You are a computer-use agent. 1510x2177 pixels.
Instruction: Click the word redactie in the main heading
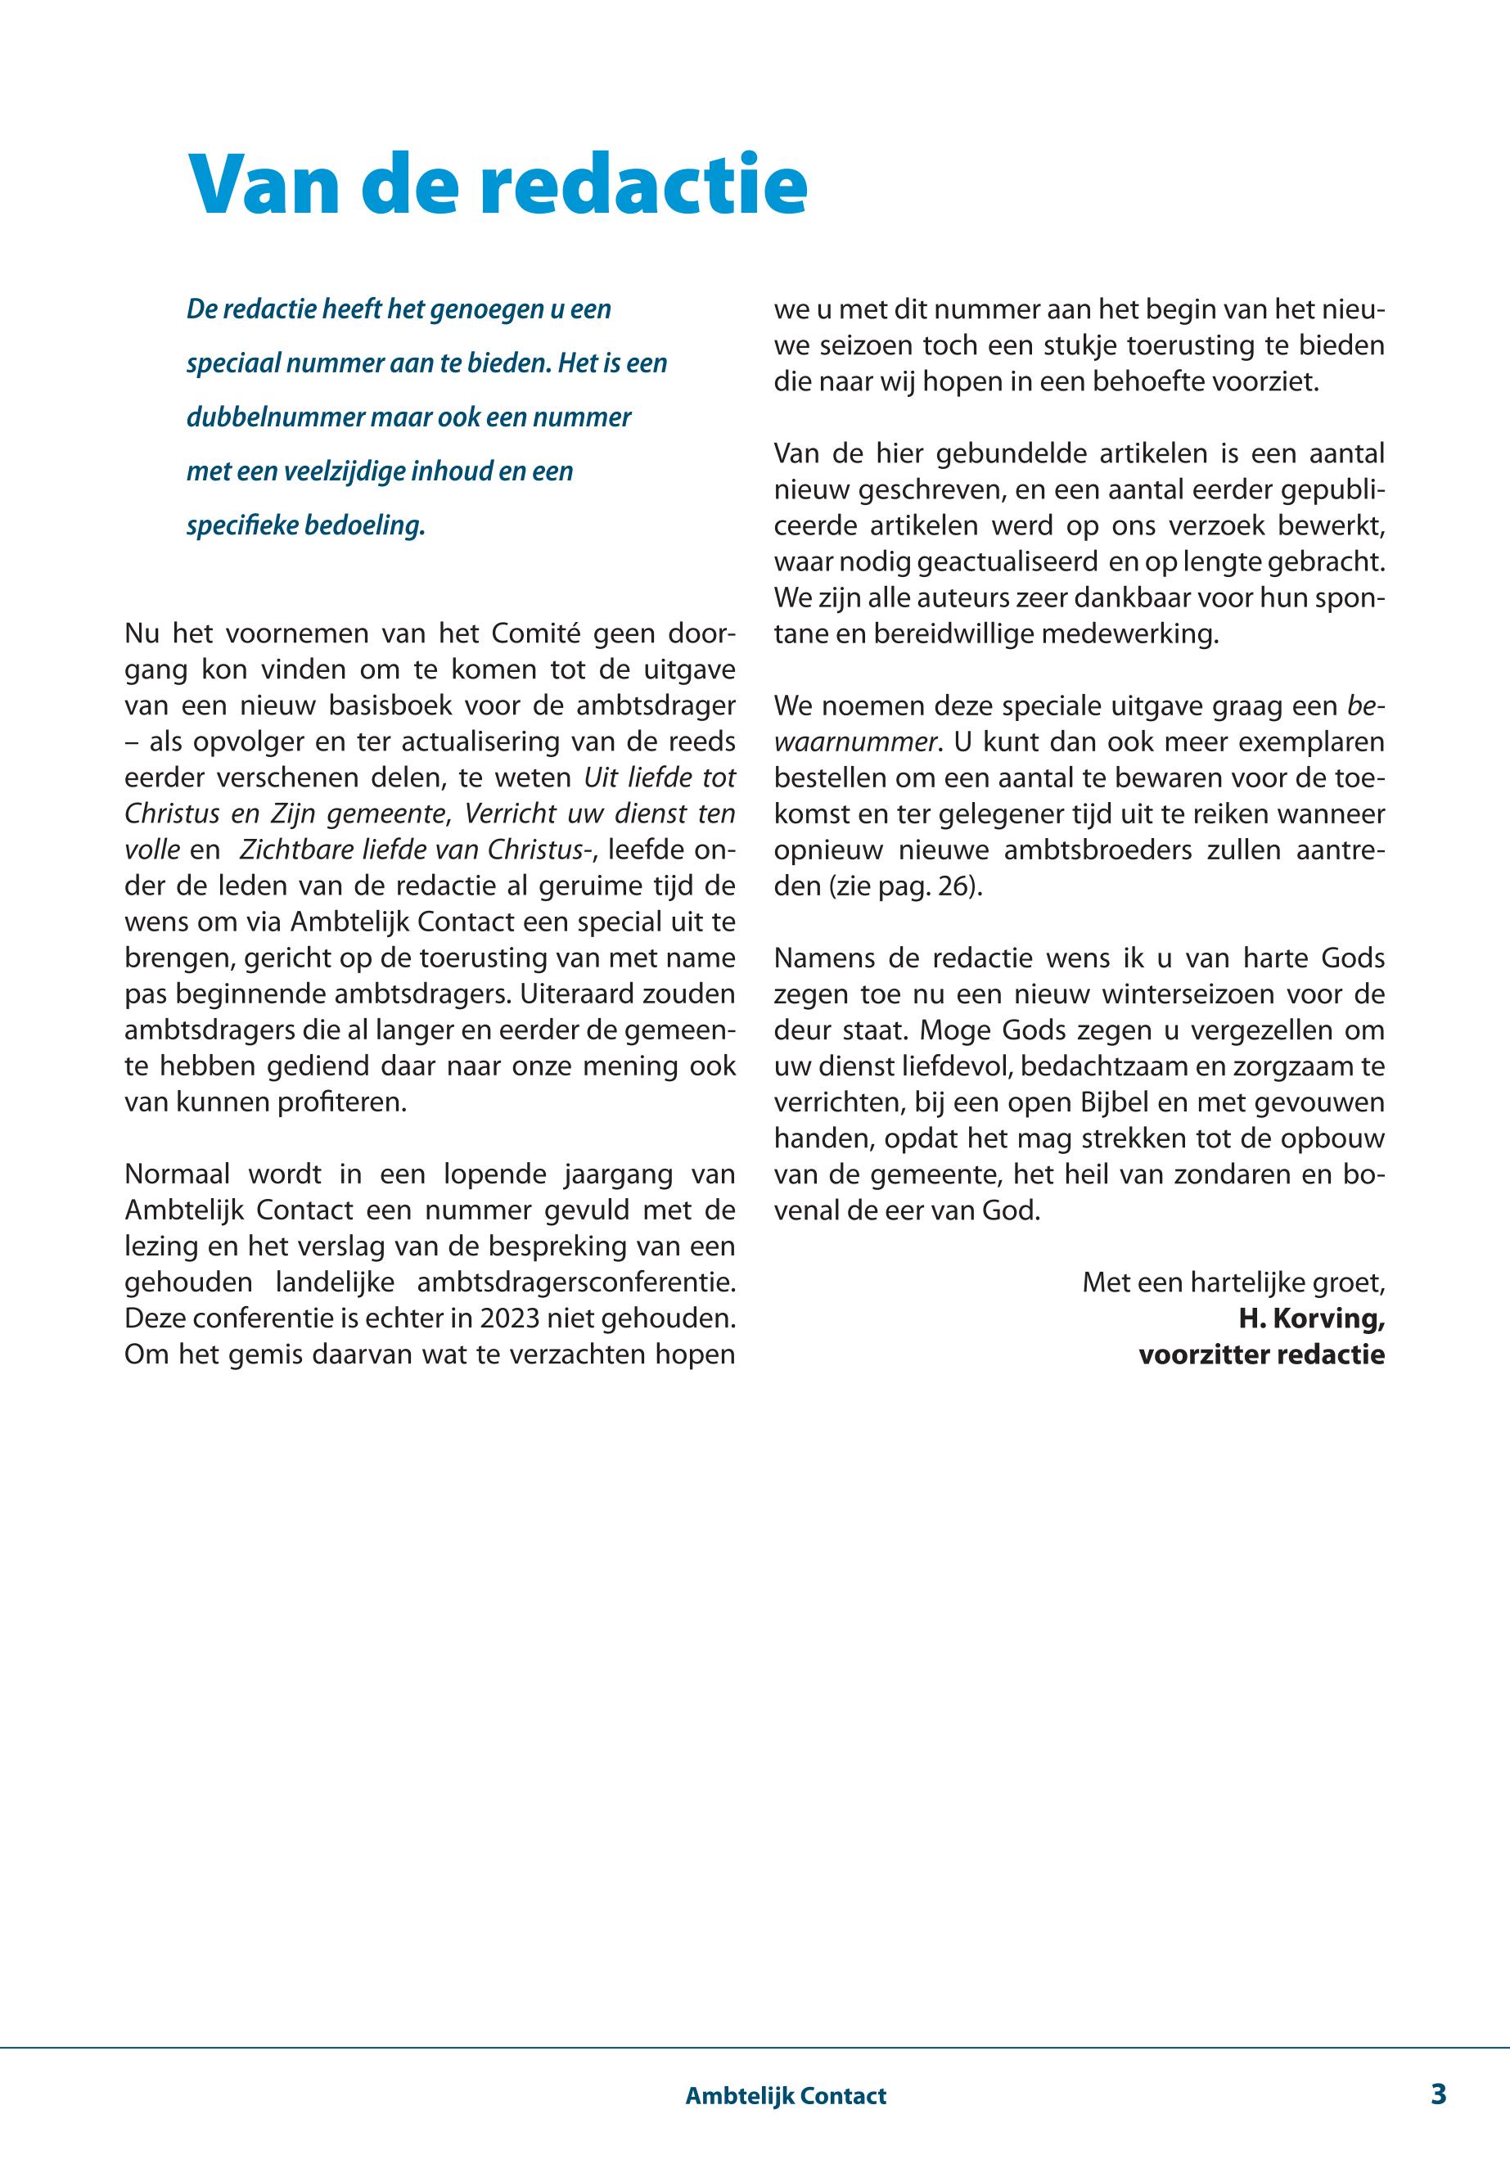[644, 184]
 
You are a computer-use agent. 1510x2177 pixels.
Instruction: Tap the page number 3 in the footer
[1438, 2094]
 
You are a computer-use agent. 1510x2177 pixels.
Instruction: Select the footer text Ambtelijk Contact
[785, 2096]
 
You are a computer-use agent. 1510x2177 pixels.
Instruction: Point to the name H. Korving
[1311, 1318]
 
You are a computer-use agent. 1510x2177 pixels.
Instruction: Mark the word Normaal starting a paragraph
[176, 1174]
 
